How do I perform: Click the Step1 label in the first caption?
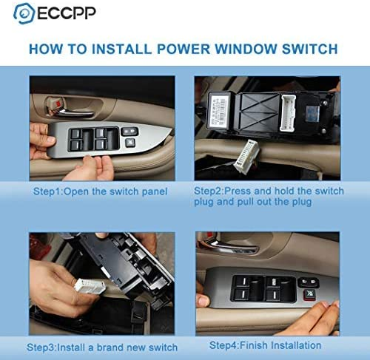click(x=50, y=191)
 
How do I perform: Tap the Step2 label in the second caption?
click(x=212, y=191)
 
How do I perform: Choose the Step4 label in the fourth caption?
click(x=226, y=345)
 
